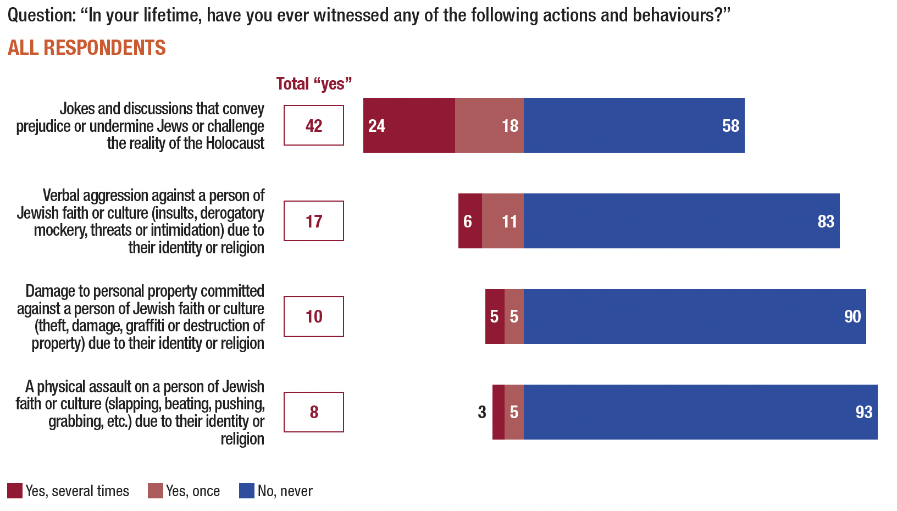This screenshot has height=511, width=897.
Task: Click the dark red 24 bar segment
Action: click(x=409, y=125)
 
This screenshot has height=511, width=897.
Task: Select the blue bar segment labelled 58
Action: click(x=634, y=125)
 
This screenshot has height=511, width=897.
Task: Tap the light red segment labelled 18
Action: click(x=489, y=125)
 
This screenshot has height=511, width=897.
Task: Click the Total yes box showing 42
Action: click(x=314, y=125)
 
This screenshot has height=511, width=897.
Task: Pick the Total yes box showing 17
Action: click(x=314, y=221)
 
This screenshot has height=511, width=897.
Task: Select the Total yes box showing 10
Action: click(x=314, y=316)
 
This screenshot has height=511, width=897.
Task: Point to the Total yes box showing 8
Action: click(x=314, y=412)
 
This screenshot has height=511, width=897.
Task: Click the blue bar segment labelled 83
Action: click(x=682, y=221)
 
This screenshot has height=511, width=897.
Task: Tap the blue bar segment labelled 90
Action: click(x=695, y=316)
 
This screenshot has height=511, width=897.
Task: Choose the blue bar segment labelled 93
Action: click(x=701, y=412)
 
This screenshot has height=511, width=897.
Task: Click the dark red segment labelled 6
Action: click(x=470, y=221)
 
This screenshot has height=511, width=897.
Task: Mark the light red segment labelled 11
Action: click(x=503, y=221)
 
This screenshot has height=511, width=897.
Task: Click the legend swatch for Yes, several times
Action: click(x=15, y=491)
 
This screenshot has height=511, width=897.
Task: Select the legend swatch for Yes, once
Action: click(x=156, y=491)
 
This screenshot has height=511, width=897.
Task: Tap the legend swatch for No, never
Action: click(x=247, y=491)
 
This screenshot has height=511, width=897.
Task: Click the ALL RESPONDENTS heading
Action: click(x=87, y=48)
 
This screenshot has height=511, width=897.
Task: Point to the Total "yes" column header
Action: click(x=314, y=84)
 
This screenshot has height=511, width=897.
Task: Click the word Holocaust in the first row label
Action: click(x=235, y=143)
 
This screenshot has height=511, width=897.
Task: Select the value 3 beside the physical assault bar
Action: click(x=482, y=412)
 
